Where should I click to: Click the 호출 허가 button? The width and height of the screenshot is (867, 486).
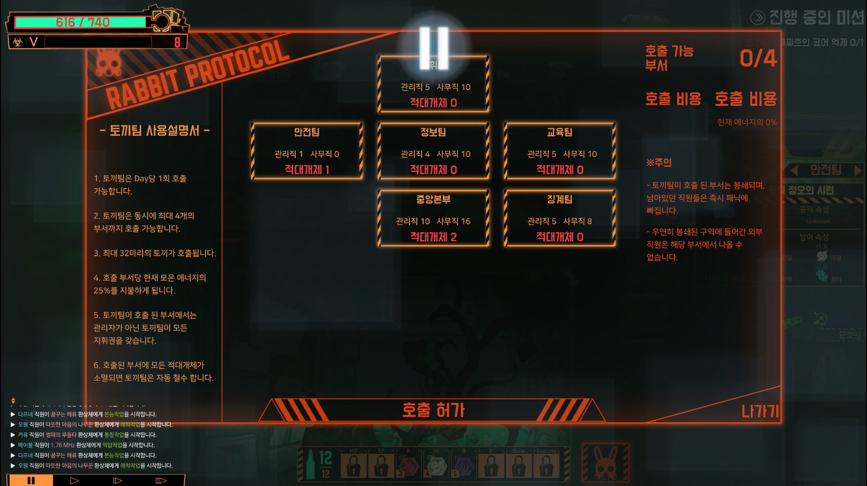point(433,410)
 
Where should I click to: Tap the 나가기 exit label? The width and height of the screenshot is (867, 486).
point(760,411)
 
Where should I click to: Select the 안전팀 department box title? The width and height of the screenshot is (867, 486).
point(307,132)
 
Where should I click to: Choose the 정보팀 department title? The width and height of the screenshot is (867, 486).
point(433,132)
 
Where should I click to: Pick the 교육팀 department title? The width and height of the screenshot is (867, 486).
point(560,132)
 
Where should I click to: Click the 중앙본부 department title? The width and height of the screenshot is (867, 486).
point(433,199)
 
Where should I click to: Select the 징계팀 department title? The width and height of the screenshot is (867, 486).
point(560,199)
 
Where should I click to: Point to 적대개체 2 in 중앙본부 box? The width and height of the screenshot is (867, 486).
point(433,237)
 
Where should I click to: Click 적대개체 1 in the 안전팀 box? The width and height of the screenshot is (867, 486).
point(307,170)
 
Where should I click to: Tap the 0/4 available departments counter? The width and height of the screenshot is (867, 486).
point(758,59)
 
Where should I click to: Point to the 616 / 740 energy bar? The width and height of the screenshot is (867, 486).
point(82,22)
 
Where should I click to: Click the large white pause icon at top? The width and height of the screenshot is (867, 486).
point(434,48)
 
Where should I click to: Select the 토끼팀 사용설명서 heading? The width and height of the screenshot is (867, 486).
point(154,131)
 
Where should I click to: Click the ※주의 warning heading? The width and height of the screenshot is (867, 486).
point(659,163)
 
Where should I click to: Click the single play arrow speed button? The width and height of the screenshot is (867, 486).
point(75,481)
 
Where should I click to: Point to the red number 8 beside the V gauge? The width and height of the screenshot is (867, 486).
point(177,42)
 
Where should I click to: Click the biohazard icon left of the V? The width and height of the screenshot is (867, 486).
point(18,42)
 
